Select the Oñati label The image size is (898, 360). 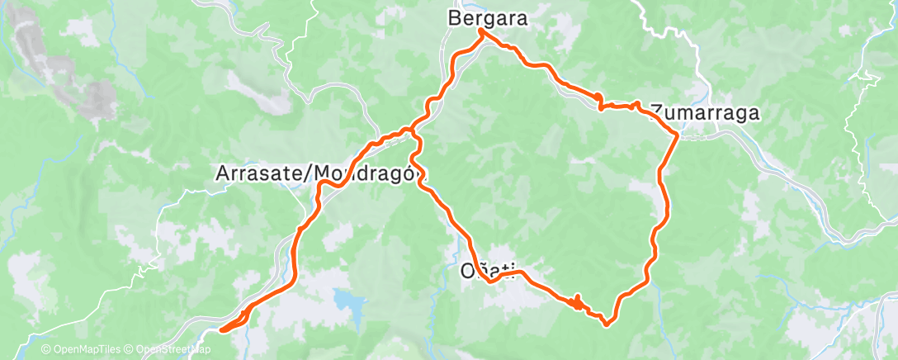coord(486,269)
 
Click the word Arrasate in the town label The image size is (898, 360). coord(253,174)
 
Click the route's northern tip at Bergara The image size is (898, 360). coord(481,31)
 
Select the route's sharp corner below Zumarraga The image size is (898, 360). coord(678,134)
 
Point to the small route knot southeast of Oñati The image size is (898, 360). coord(578,302)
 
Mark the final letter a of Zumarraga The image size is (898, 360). coord(753,111)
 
